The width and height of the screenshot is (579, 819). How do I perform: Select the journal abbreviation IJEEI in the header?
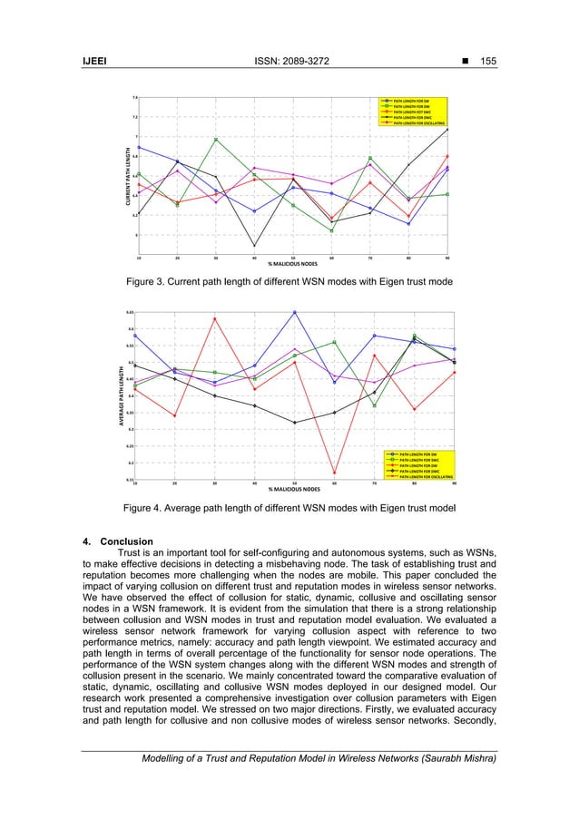(97, 61)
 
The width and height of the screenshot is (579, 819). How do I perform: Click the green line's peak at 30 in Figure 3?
(215, 139)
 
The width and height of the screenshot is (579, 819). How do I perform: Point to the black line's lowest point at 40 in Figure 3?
(254, 246)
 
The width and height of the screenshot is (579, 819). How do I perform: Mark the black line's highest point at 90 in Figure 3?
(447, 129)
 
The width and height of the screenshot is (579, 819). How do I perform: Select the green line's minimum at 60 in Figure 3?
(331, 231)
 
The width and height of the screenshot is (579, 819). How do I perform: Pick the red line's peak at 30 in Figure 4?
(215, 318)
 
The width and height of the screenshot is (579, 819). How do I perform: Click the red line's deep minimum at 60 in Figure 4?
(334, 473)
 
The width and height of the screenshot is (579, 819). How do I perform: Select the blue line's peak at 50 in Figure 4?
(294, 312)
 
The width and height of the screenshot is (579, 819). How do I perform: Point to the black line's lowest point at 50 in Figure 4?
(294, 423)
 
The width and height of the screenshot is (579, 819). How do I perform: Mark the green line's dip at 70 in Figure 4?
(374, 405)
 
